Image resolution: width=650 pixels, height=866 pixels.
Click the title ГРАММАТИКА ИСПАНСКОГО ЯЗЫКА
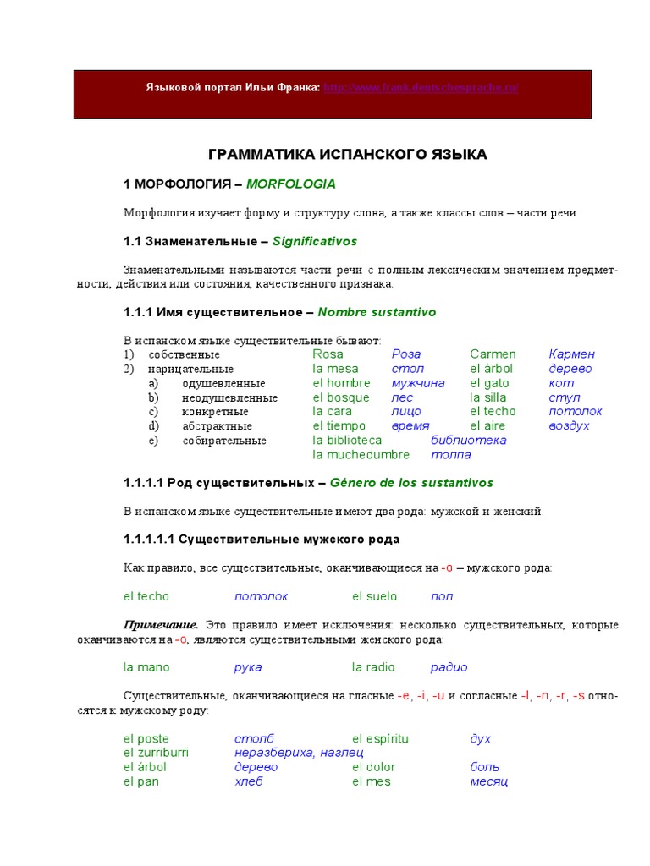[x=348, y=155]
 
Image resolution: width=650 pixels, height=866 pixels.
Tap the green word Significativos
[x=315, y=241]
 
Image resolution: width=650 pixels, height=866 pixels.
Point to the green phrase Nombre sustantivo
[x=377, y=312]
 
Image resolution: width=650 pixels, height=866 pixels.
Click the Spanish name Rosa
[x=328, y=354]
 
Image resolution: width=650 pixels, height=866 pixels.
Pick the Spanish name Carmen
[x=493, y=354]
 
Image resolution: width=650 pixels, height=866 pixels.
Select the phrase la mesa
[x=335, y=369]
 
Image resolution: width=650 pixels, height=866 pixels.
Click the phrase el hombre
[x=341, y=383]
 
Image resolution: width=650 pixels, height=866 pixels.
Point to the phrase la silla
[x=487, y=397]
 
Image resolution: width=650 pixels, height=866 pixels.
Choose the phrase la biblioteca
[x=347, y=441]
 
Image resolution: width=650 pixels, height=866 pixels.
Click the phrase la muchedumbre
[x=361, y=455]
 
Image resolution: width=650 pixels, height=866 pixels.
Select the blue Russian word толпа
[x=450, y=455]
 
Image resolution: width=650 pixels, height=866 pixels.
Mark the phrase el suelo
[x=374, y=596]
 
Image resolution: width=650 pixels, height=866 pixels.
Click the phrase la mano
[x=146, y=667]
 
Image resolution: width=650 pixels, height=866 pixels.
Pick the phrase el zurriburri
[x=156, y=753]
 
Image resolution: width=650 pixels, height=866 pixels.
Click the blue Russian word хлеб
[x=249, y=781]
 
